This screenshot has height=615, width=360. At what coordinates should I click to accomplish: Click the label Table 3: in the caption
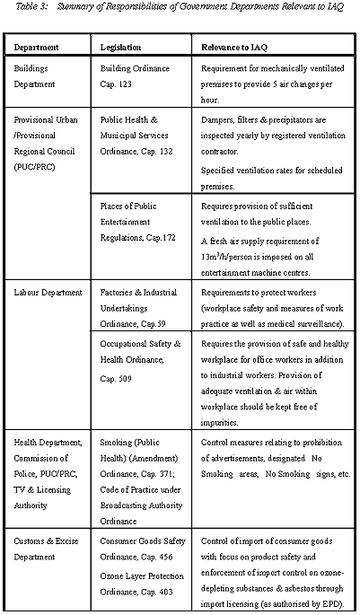tap(20, 8)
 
